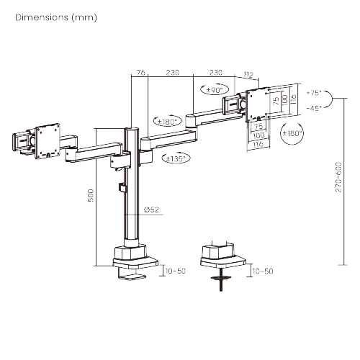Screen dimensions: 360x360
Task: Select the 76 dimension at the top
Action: pos(141,73)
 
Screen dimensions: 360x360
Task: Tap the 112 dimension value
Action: pos(248,73)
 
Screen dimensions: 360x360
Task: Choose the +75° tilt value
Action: pos(313,94)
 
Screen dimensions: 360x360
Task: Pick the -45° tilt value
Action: pos(313,108)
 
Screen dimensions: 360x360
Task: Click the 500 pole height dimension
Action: pos(91,196)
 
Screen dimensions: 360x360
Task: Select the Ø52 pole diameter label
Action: pos(151,210)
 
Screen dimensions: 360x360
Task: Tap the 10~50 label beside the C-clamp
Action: pos(175,271)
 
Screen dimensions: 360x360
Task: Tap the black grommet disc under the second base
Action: pos(220,277)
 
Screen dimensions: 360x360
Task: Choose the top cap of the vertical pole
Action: pos(132,129)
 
